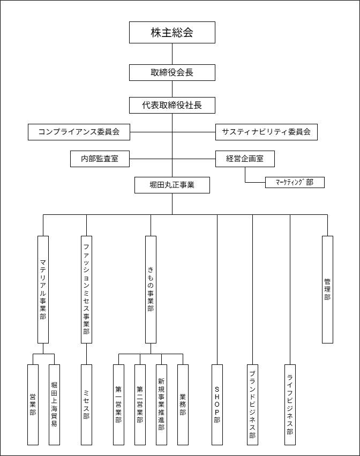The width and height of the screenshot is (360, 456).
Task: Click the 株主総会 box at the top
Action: click(172, 32)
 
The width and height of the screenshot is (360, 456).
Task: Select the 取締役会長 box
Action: click(172, 72)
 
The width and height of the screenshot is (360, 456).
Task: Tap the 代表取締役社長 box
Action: click(172, 105)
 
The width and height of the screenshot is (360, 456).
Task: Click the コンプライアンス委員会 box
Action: click(79, 132)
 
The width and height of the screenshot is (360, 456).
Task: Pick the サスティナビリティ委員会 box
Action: click(266, 132)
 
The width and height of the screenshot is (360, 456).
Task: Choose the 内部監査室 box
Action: click(100, 159)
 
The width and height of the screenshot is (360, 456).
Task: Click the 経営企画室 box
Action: click(245, 159)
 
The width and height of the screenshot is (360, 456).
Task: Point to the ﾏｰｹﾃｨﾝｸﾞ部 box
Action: click(295, 182)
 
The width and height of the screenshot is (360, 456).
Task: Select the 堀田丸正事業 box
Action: click(172, 185)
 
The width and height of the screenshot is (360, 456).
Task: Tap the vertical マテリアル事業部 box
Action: click(43, 289)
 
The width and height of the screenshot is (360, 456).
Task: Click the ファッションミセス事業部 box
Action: click(86, 289)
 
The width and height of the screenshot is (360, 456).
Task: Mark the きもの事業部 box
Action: click(151, 289)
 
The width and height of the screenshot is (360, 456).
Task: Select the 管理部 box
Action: click(327, 289)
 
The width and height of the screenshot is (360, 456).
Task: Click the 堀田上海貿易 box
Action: click(54, 405)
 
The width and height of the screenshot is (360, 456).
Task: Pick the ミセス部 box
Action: click(86, 405)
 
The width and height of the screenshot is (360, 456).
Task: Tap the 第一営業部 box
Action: click(118, 405)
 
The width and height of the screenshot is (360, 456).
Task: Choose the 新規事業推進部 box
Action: click(161, 405)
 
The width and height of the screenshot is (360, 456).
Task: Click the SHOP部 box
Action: click(217, 405)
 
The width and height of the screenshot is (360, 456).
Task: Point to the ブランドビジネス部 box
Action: click(252, 405)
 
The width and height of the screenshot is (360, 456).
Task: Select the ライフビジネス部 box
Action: click(290, 405)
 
